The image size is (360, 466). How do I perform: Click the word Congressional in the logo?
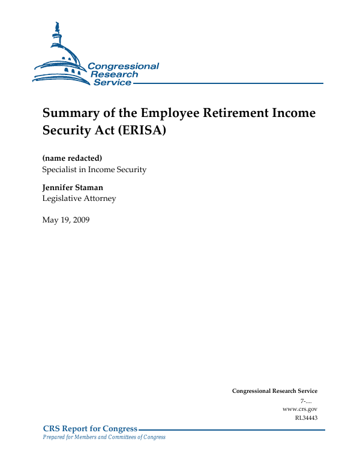coord(124,66)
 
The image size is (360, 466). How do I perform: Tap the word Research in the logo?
coord(114,74)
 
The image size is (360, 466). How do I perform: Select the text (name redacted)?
coord(72,158)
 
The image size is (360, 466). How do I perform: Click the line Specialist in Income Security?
coord(94,170)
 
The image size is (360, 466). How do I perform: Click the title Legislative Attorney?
coord(79,199)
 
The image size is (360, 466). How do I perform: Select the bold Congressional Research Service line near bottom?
coord(275,391)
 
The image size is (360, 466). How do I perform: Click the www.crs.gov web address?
coord(299,409)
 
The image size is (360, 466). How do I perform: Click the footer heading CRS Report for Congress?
coord(90,429)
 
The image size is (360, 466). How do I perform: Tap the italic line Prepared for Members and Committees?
coord(104,437)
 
